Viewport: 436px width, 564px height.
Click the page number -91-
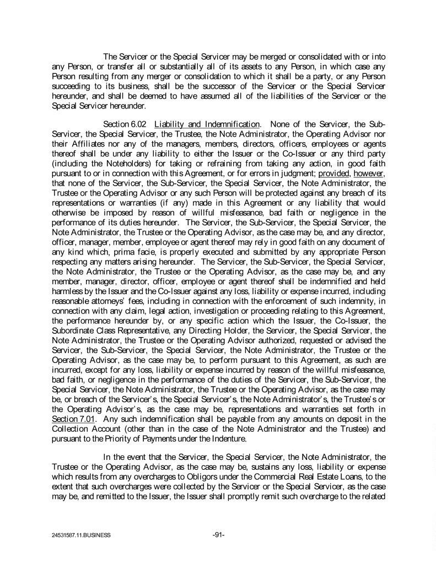coord(218,534)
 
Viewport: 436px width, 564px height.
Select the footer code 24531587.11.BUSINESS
coord(80,535)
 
